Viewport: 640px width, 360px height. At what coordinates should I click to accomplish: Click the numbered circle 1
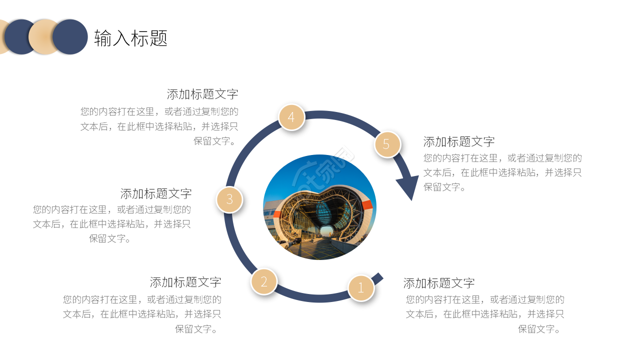[x=361, y=288]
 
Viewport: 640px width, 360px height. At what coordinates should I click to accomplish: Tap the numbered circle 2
[x=264, y=281]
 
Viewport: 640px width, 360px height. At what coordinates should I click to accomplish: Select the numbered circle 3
[x=229, y=199]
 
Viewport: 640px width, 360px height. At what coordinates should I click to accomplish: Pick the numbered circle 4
[x=291, y=117]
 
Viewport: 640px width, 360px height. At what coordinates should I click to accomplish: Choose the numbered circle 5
[x=387, y=144]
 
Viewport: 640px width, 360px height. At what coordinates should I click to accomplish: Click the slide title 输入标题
[x=130, y=38]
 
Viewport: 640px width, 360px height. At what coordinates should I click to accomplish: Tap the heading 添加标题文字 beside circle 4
[x=202, y=94]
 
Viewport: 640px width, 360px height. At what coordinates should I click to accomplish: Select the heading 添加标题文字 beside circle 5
[x=459, y=141]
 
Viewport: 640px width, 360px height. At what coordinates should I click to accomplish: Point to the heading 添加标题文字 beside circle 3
[x=156, y=193]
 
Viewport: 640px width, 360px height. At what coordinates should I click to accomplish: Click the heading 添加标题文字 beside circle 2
[x=185, y=282]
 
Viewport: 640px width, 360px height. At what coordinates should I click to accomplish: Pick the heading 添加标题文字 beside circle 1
[x=439, y=283]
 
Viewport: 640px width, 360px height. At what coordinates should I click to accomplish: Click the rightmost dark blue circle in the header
[x=70, y=37]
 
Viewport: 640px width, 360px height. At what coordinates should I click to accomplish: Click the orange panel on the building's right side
[x=367, y=205]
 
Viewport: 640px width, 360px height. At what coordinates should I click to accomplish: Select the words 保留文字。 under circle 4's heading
[x=215, y=141]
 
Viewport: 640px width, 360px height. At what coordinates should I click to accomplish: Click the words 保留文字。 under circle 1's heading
[x=540, y=329]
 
